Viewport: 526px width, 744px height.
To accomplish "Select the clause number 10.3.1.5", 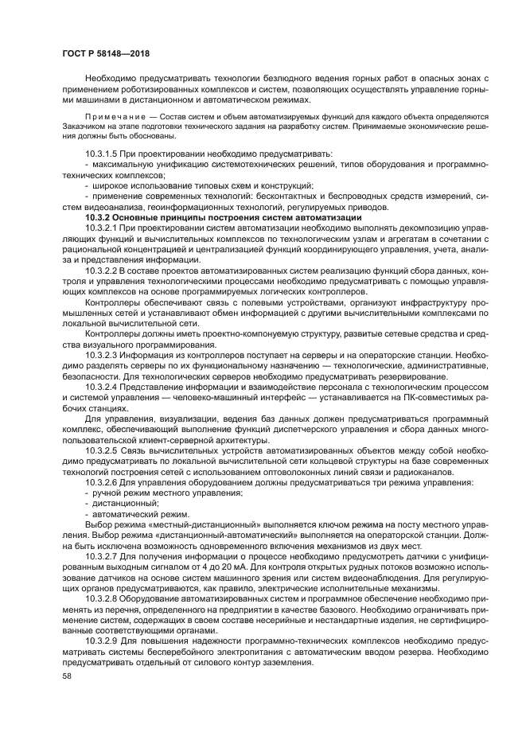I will [103, 152].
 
